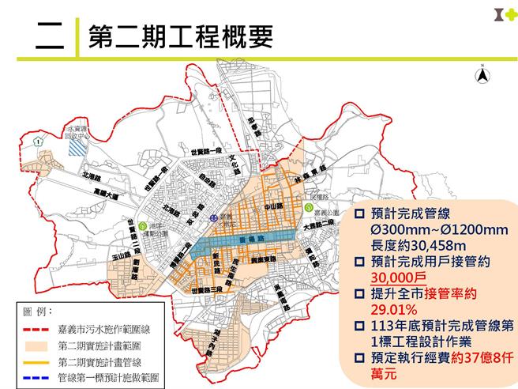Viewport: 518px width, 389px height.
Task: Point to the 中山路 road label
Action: [271, 209]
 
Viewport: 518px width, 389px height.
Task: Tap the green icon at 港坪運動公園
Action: [141, 225]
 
